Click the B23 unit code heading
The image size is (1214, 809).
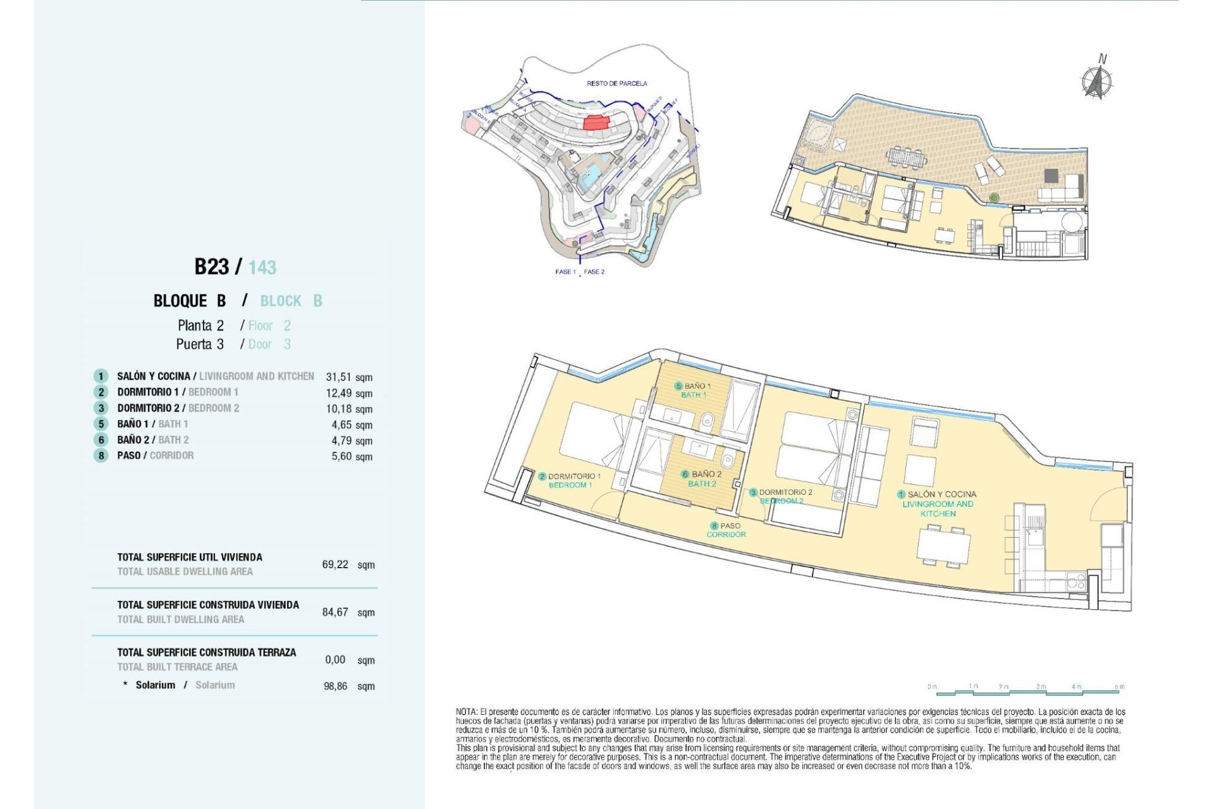tap(212, 267)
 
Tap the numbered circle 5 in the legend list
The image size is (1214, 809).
tap(101, 424)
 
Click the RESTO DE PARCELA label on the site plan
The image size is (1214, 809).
tap(616, 83)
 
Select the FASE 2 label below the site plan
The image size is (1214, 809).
tap(594, 272)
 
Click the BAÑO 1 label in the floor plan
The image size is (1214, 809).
tap(697, 386)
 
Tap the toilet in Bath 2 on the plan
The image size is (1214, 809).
tap(727, 459)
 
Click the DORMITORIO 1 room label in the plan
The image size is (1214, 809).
tap(573, 476)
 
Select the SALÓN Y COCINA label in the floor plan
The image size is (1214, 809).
tap(941, 494)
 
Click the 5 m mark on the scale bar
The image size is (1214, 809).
tap(1119, 686)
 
